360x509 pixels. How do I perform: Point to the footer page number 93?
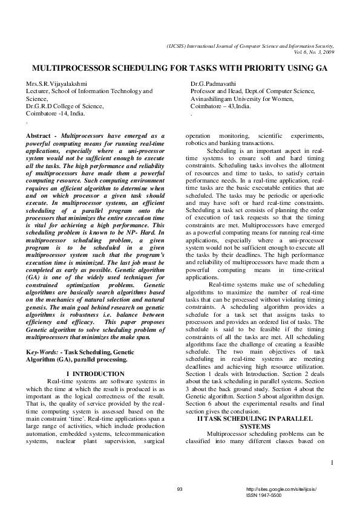point(180,488)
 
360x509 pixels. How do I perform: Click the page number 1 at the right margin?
point(332,463)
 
